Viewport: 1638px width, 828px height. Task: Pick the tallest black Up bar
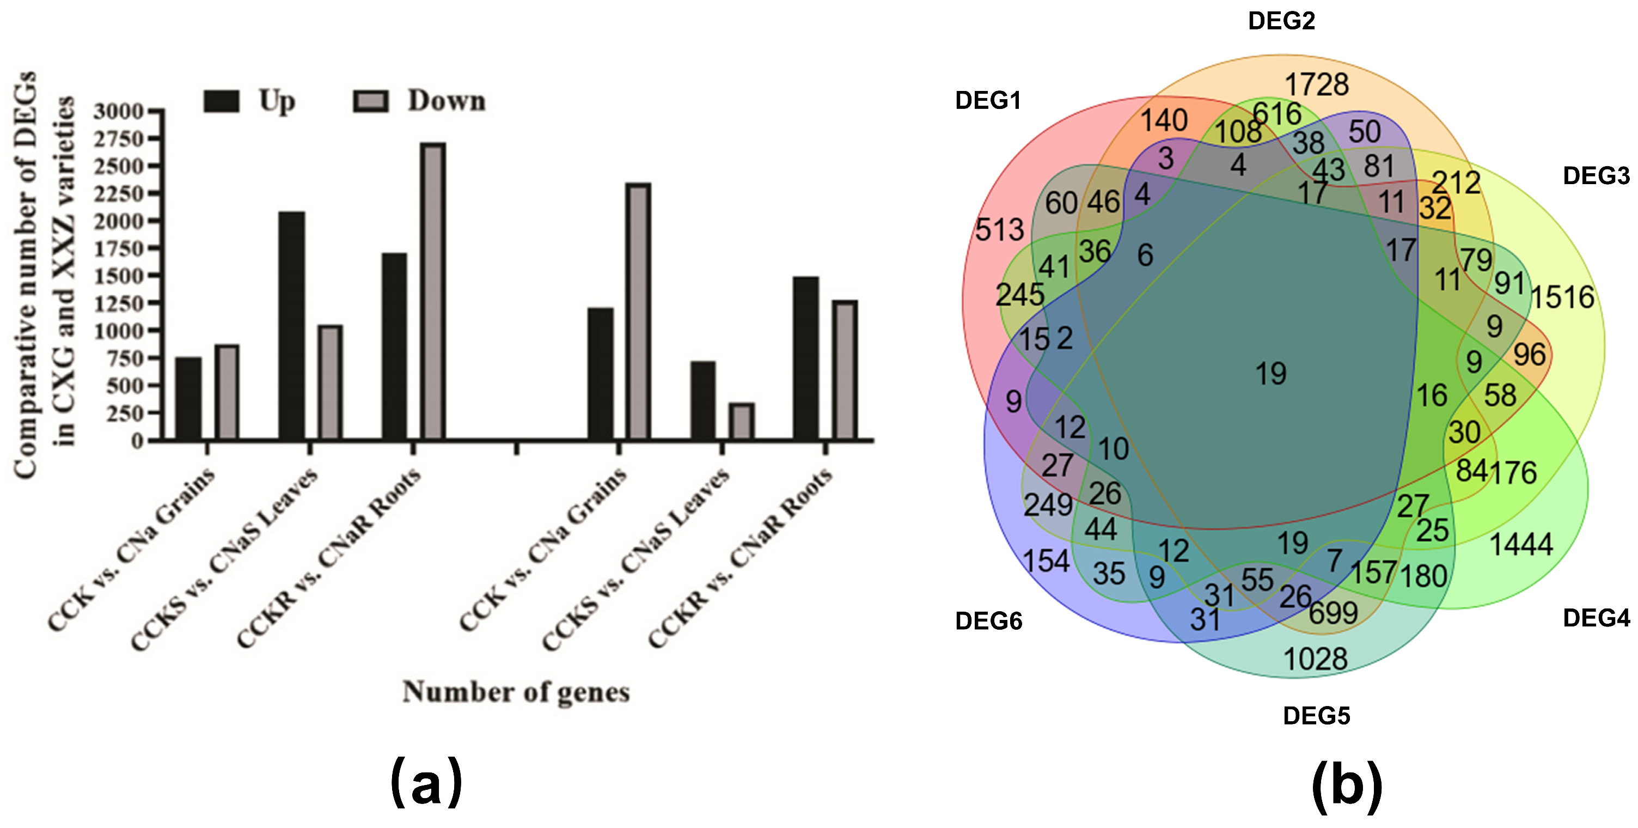tap(292, 325)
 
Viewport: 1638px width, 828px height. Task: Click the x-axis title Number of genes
tap(516, 692)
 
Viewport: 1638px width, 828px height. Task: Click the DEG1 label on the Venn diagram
tap(987, 100)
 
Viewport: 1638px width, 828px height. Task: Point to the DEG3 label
tap(1596, 176)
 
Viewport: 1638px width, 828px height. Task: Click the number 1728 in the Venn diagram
tap(1316, 84)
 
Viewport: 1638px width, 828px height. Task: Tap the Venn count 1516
tap(1562, 297)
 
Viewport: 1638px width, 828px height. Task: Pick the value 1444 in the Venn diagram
tap(1521, 544)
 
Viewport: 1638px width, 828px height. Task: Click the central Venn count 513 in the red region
tap(1000, 229)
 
